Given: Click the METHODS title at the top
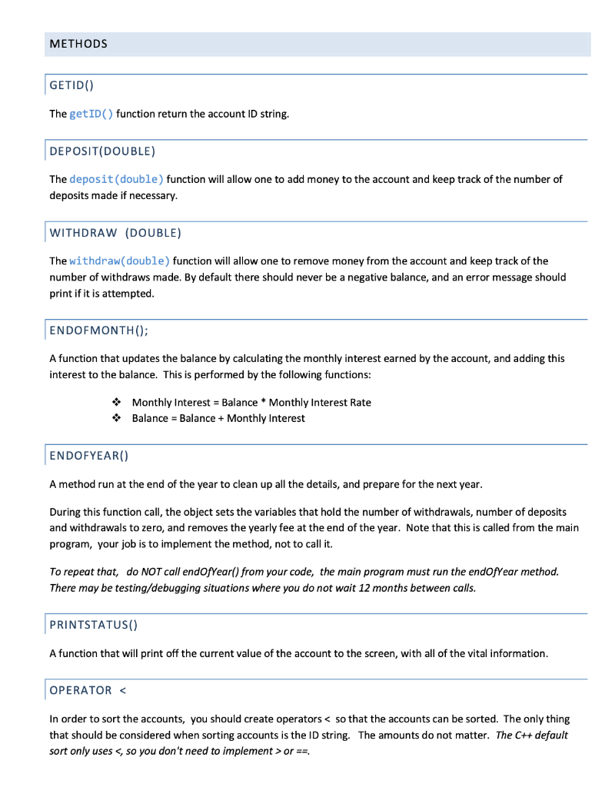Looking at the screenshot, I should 78,44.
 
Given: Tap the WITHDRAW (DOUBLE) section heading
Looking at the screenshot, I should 115,232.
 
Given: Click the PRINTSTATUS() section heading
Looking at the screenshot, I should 93,624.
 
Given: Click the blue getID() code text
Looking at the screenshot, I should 91,114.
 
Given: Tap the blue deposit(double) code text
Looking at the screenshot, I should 116,179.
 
